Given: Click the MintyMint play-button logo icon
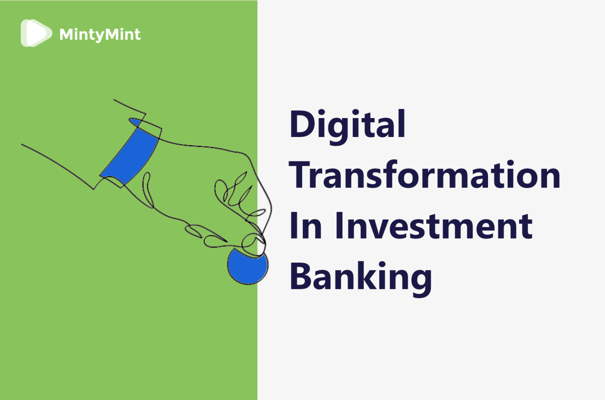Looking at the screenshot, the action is point(36,33).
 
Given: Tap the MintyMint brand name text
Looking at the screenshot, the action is point(100,35).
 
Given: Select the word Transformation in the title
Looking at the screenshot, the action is point(425,174).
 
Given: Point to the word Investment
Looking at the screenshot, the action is point(434,226).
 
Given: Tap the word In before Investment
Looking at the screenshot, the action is point(306,226).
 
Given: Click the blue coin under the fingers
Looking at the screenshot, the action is point(248,267).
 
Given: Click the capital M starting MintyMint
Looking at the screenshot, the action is point(67,34).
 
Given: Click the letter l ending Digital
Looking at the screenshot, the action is point(403,123).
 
